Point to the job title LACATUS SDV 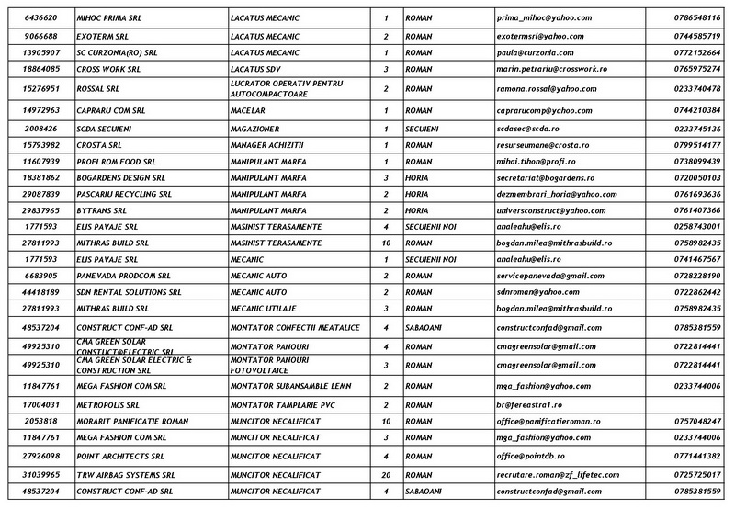(x=261, y=69)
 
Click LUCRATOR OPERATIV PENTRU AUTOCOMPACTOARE (x=276, y=88)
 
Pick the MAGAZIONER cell (x=258, y=128)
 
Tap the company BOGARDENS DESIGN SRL (x=121, y=178)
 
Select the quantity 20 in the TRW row (x=386, y=475)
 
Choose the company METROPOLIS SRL (x=108, y=404)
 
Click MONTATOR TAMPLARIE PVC (x=282, y=404)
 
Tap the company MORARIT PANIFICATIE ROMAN (x=131, y=422)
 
